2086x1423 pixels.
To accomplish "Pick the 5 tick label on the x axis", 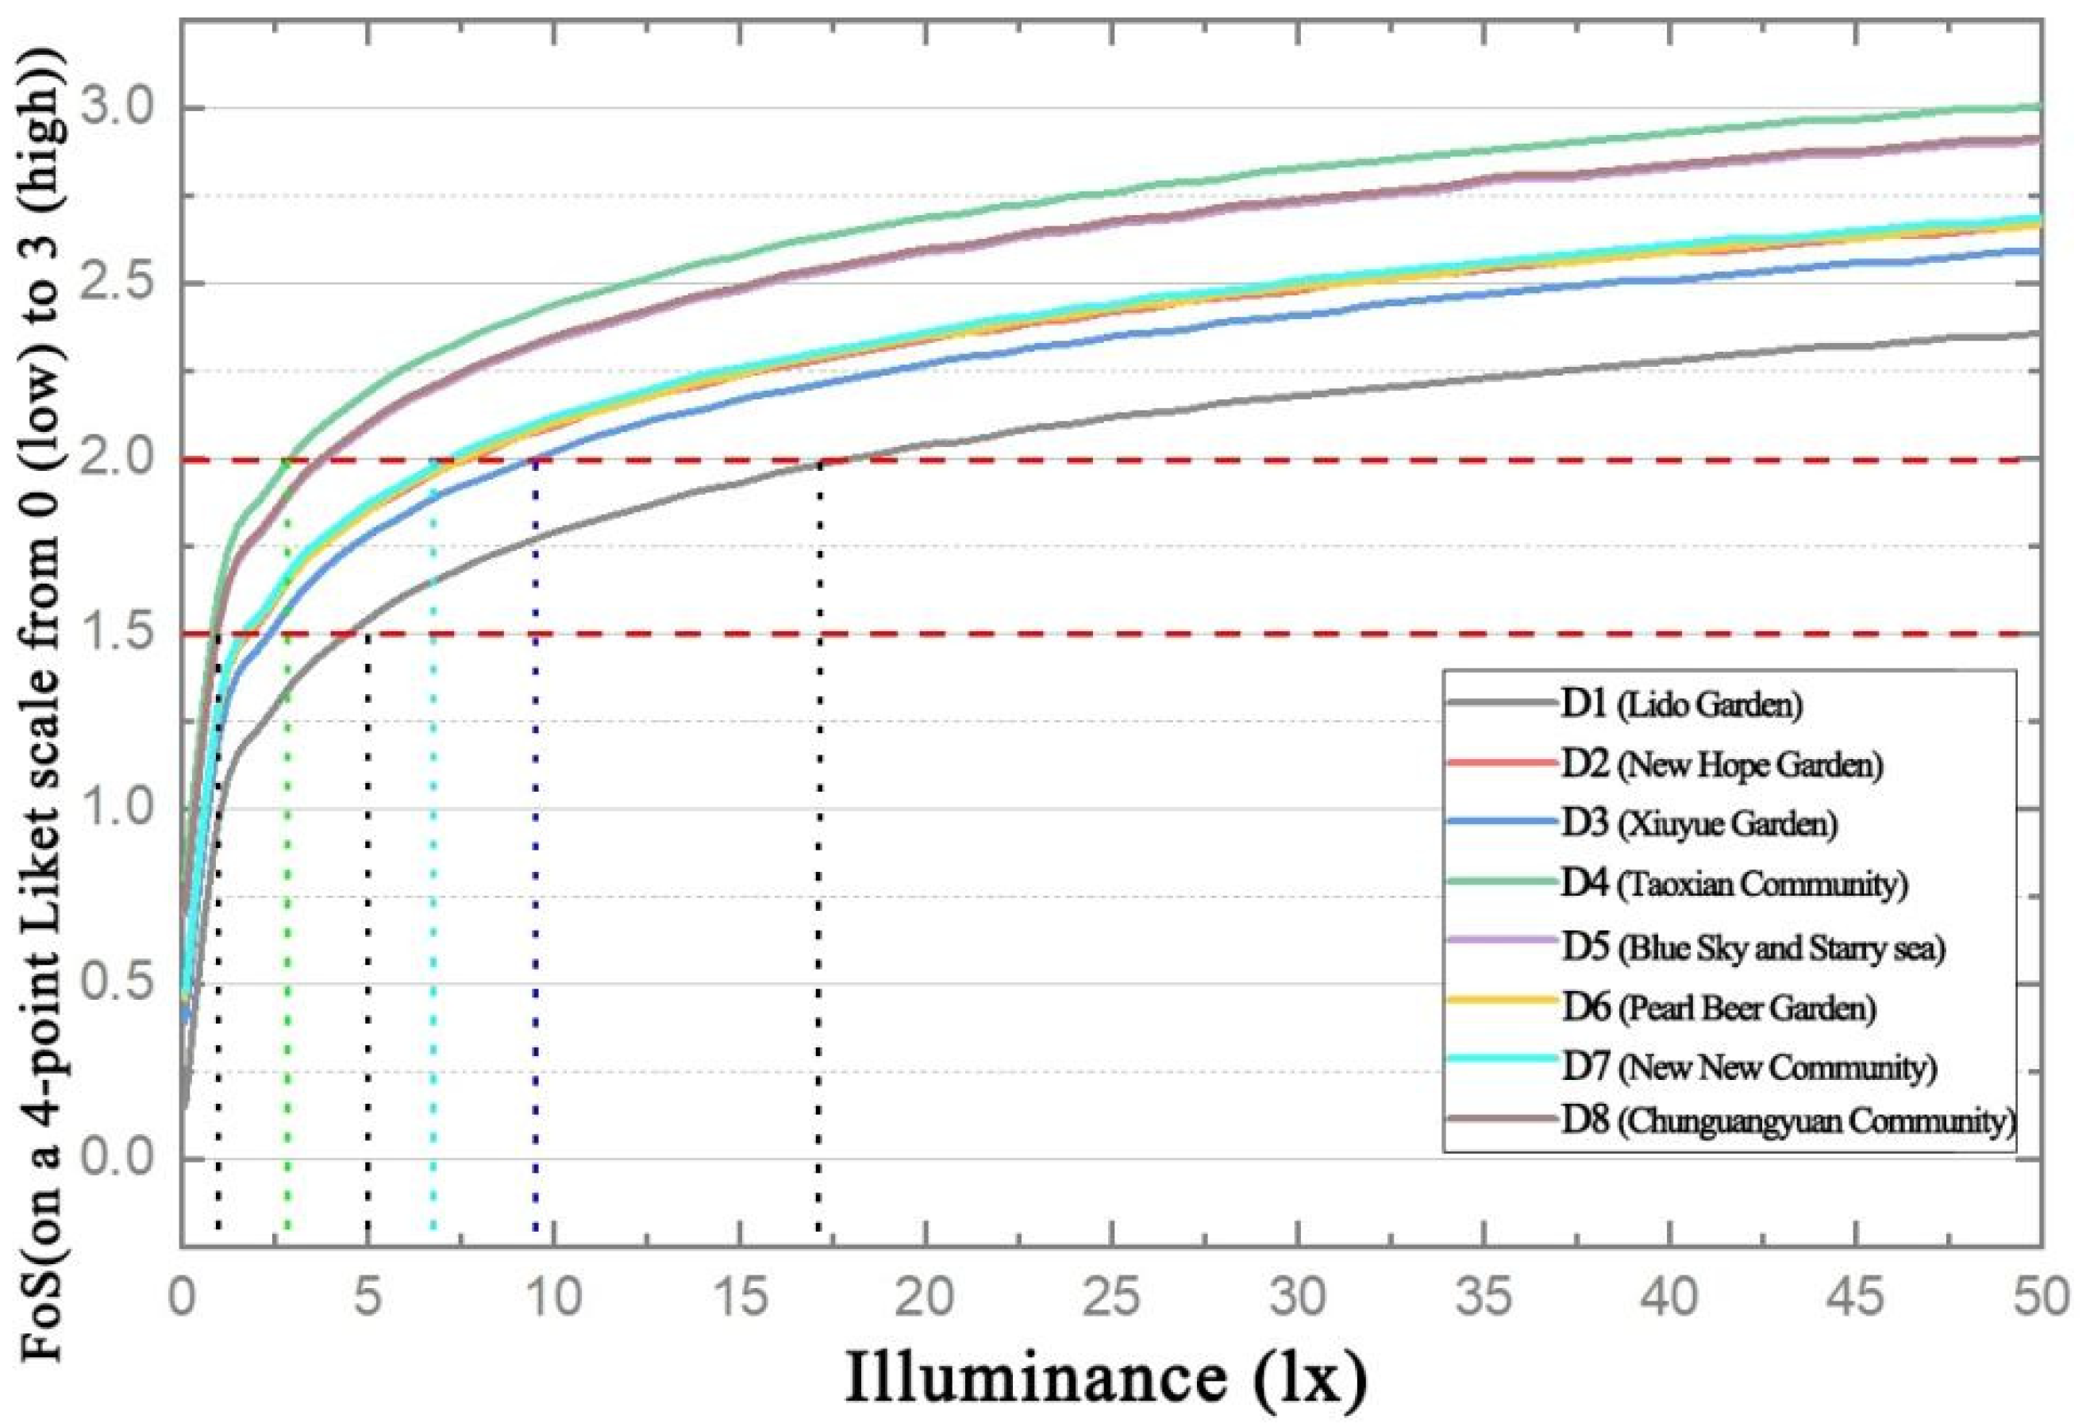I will click(x=368, y=1298).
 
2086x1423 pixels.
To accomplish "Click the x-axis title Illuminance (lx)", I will click(x=1106, y=1378).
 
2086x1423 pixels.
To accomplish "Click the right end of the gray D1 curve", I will click(x=2036, y=333).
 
